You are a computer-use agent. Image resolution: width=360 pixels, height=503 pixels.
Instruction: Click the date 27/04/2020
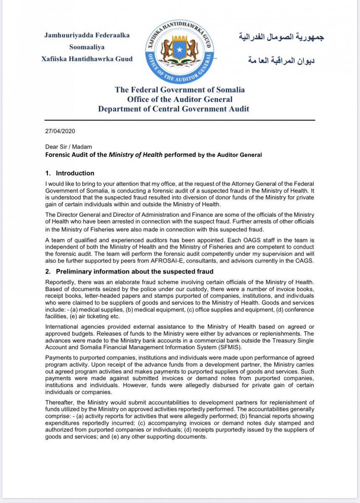click(60, 131)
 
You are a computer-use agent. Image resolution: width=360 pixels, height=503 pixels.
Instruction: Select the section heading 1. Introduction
click(70, 173)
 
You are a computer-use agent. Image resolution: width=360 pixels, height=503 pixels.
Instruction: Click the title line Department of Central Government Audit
click(174, 109)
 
